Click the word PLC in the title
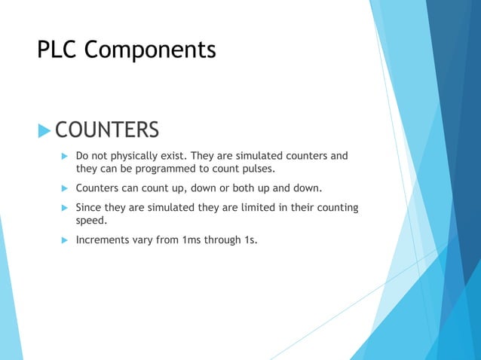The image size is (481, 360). point(57,50)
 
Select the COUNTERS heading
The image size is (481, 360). point(107,130)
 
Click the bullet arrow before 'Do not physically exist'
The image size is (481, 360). point(65,157)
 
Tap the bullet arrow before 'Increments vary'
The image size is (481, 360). point(65,240)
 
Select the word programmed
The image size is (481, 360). point(179,169)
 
